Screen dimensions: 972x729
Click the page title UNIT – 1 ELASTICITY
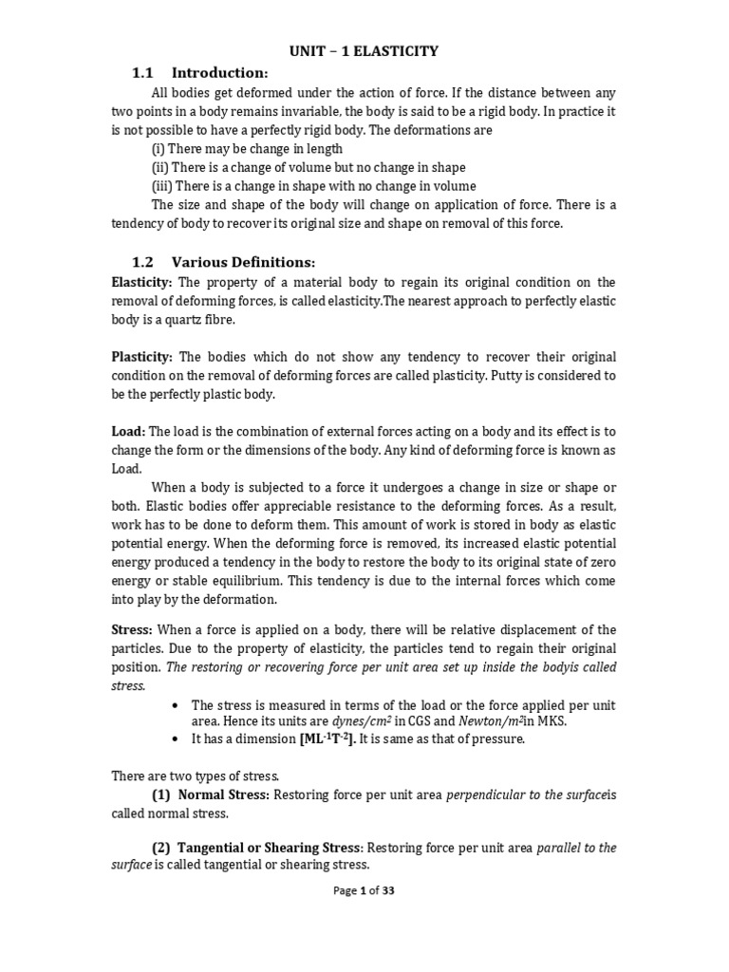tap(364, 51)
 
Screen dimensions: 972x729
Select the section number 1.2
tap(142, 262)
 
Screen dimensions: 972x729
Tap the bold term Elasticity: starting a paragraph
tap(142, 282)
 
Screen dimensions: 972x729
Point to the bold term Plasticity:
tap(142, 356)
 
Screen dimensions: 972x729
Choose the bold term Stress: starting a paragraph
tap(132, 629)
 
